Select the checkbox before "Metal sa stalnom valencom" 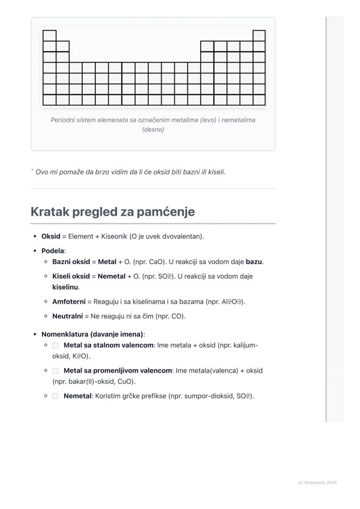55,346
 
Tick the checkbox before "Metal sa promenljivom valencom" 55,371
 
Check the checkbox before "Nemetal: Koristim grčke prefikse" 55,396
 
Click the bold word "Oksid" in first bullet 50,236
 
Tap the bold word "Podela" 52,251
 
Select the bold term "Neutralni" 67,316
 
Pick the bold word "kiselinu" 65,287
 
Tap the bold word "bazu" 254,262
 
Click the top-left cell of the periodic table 50,36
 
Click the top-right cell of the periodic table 259,36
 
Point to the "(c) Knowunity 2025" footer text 317,482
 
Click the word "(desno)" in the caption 153,130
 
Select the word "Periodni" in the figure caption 63,120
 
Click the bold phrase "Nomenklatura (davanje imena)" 92,334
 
